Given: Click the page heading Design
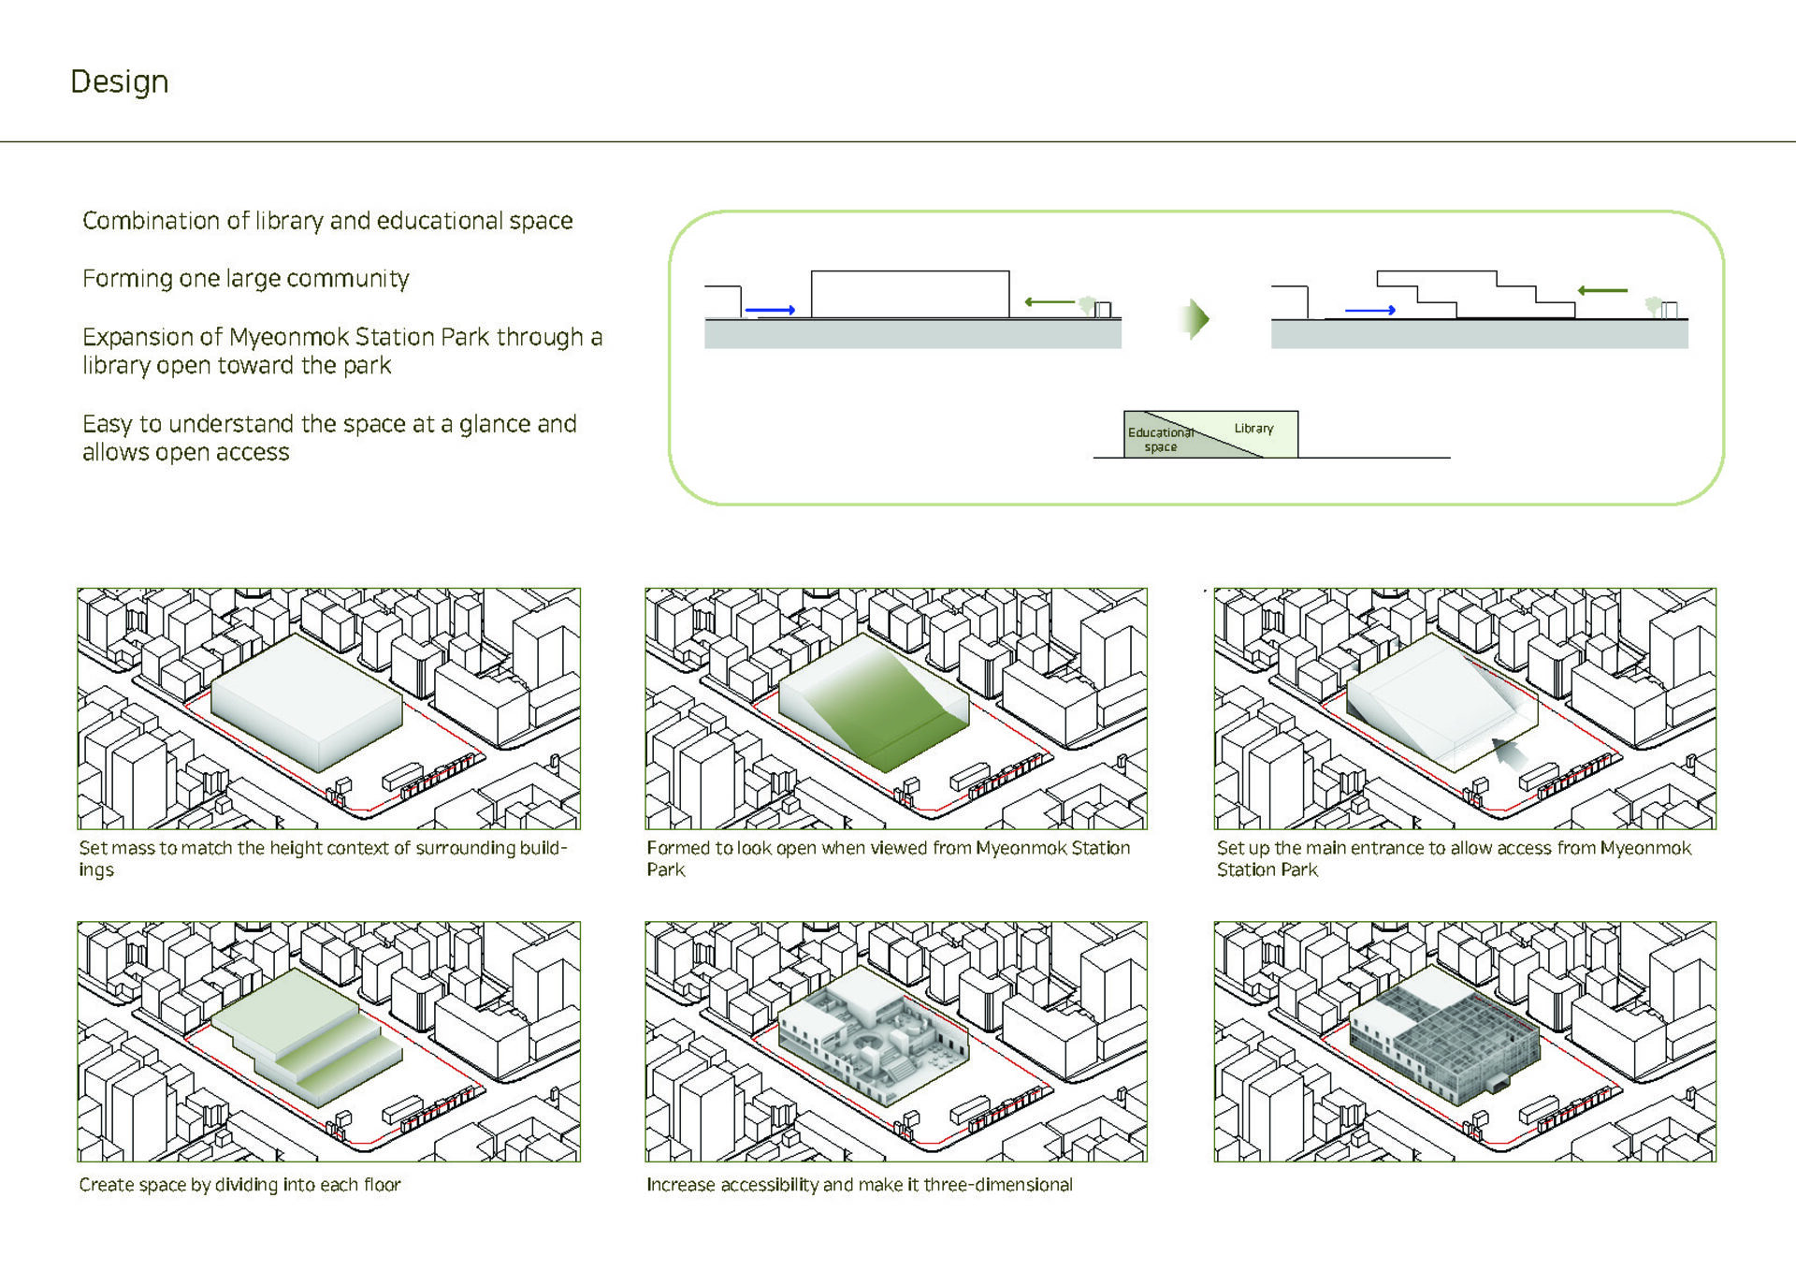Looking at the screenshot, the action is [119, 82].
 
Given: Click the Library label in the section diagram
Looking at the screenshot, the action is [1253, 428].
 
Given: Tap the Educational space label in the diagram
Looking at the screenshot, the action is [1160, 439].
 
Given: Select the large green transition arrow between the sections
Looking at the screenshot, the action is [1195, 319].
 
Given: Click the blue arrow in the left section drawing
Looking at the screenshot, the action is [770, 310].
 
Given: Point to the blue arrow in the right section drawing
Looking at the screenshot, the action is [1370, 310].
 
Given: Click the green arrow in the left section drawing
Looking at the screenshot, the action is [1050, 301].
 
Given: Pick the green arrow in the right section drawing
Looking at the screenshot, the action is [1602, 290].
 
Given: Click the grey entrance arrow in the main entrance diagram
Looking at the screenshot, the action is [1508, 752].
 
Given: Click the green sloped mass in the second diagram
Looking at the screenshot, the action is [875, 702].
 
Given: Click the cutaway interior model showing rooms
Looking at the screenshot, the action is [875, 1036].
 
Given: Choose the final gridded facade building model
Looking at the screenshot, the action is [1444, 1036].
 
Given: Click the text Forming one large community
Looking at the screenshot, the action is [246, 279].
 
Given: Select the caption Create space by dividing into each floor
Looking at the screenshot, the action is [239, 1185].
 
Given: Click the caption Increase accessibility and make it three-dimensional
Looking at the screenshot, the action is [860, 1185].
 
